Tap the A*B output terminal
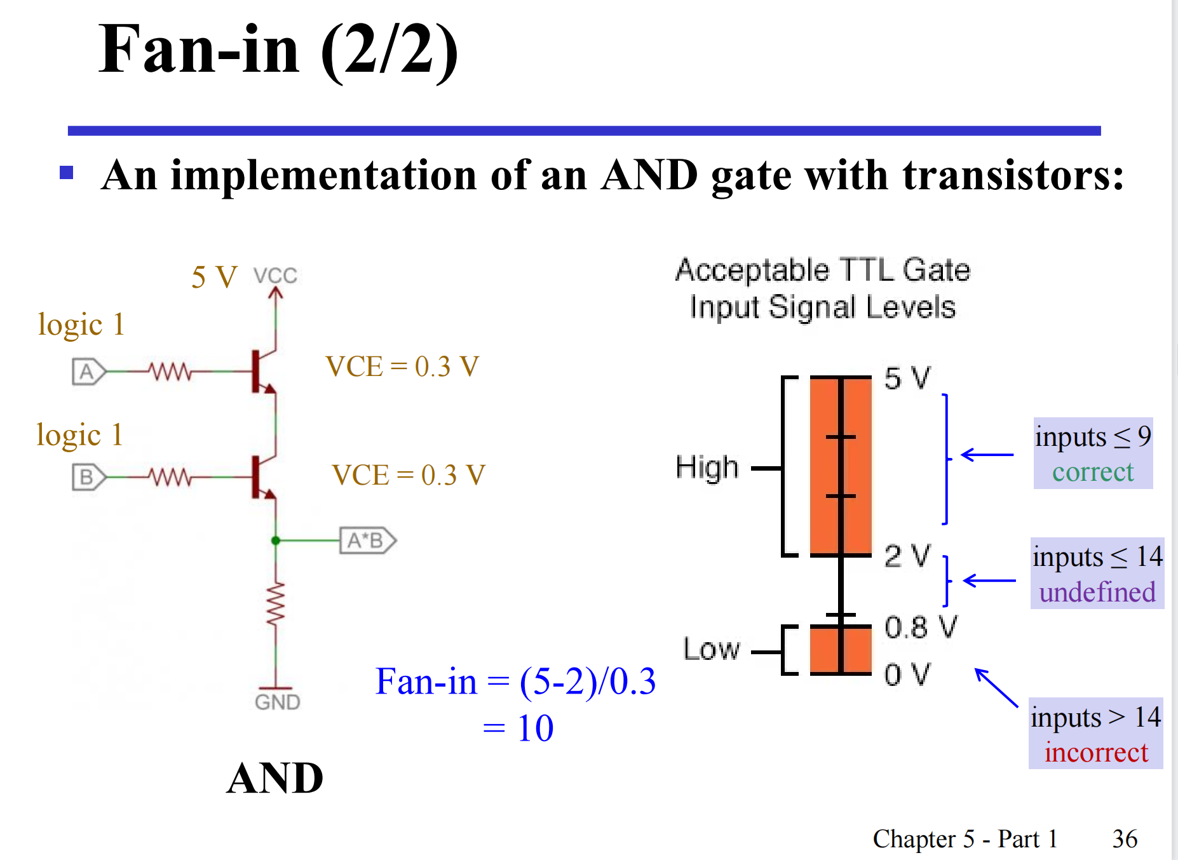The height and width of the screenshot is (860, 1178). click(x=367, y=541)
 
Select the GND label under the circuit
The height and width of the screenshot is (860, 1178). click(x=277, y=702)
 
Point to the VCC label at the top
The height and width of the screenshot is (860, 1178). click(x=275, y=276)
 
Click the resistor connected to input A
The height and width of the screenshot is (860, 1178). click(x=170, y=372)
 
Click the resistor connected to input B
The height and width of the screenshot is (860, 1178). click(x=170, y=476)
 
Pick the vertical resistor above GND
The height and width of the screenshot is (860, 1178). click(x=276, y=604)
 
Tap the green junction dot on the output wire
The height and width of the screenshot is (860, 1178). click(x=276, y=541)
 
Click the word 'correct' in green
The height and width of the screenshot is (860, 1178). click(x=1093, y=472)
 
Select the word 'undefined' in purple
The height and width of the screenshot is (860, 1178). click(x=1097, y=592)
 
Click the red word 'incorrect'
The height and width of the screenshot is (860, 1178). click(x=1096, y=753)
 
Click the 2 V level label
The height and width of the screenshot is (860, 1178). click(x=907, y=556)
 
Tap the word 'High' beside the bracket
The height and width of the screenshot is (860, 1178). click(x=707, y=467)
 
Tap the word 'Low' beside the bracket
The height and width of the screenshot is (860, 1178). click(x=712, y=649)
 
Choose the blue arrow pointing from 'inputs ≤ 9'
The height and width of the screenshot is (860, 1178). click(x=987, y=455)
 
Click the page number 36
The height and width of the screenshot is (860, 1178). click(x=1125, y=839)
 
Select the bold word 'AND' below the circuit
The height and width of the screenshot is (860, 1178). click(x=275, y=778)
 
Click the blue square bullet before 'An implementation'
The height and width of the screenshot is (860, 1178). click(x=67, y=173)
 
